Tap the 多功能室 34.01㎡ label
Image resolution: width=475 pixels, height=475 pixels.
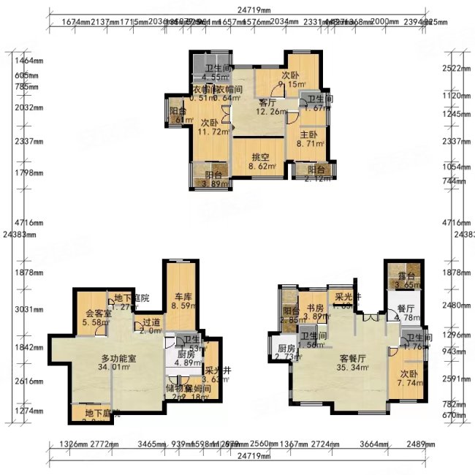[117, 362]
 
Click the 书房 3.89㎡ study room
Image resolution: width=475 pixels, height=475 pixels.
[315, 312]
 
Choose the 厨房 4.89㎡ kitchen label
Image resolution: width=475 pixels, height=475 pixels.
[186, 358]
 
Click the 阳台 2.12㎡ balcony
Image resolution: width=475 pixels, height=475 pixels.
[313, 173]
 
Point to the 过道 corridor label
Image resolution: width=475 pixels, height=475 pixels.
[151, 326]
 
